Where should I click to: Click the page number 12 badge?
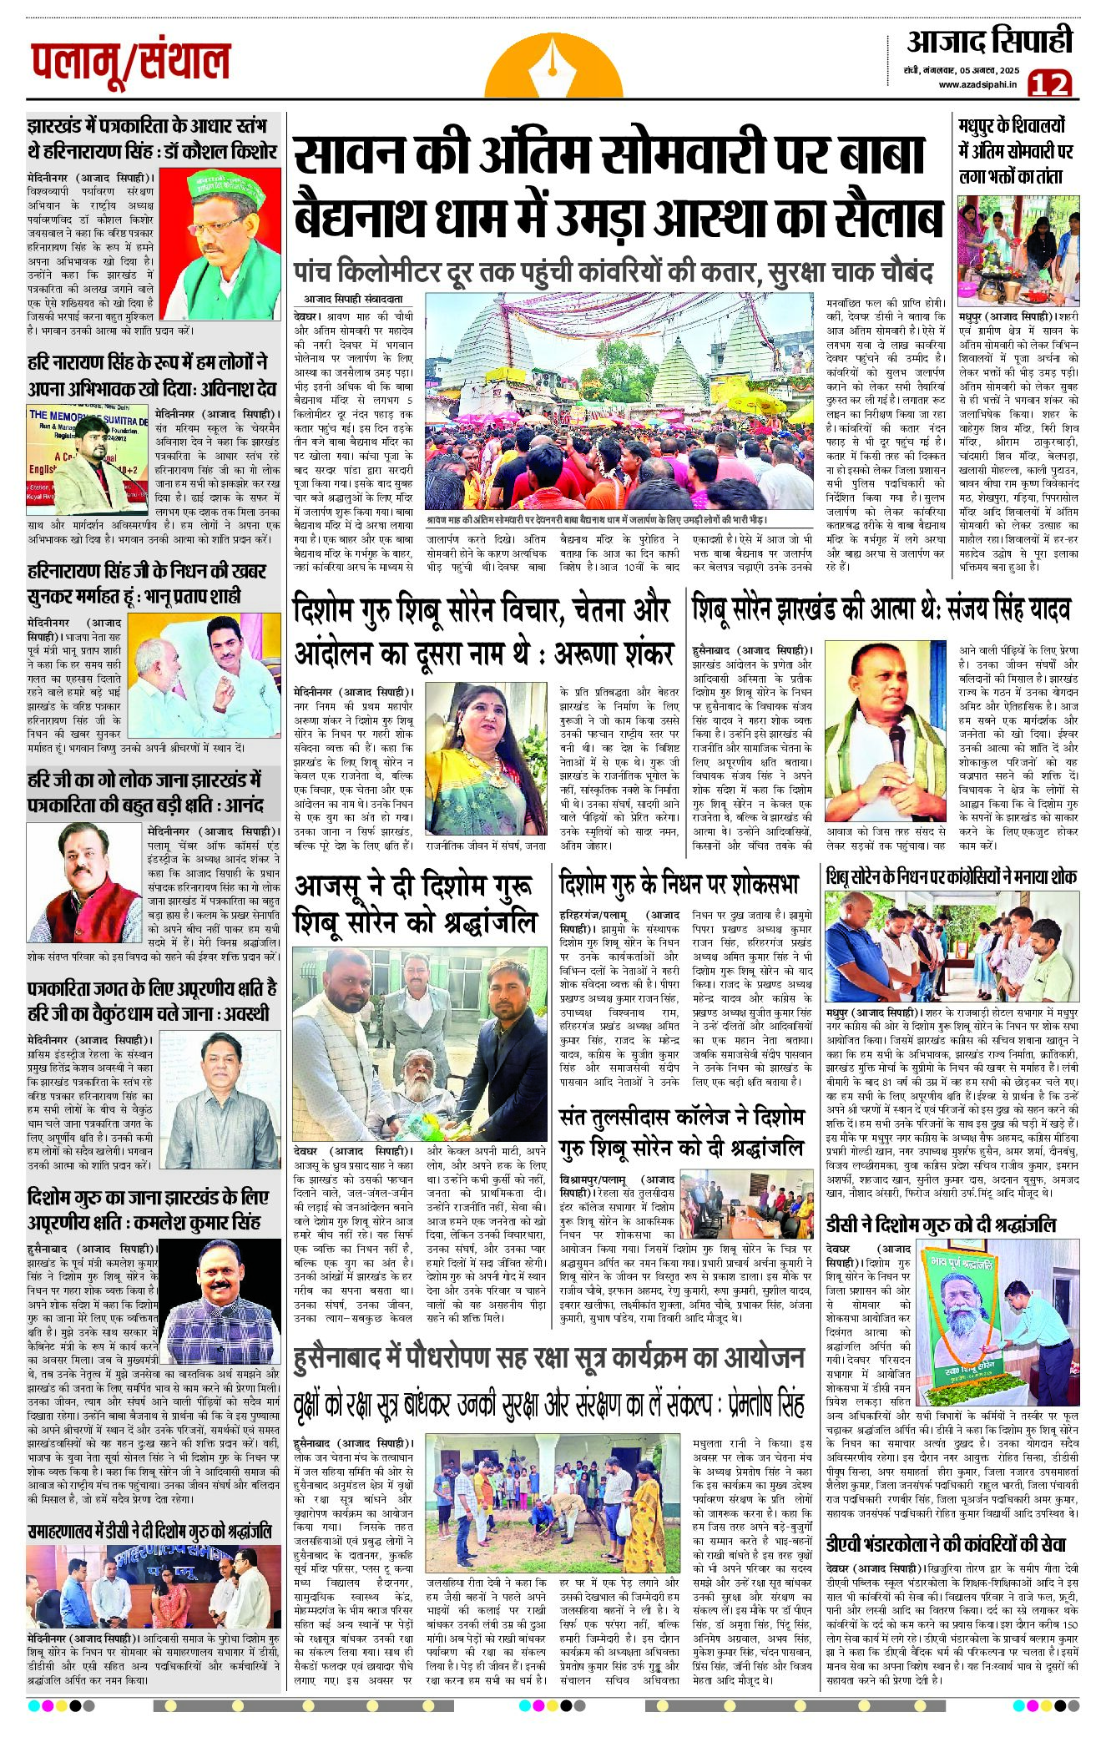coord(1050,83)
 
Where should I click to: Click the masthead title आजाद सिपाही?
coord(989,41)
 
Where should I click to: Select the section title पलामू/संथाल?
coord(131,63)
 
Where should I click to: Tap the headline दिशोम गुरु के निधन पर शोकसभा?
coord(679,883)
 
